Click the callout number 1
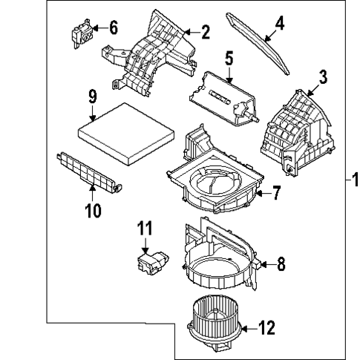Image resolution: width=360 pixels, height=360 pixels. pos(354,179)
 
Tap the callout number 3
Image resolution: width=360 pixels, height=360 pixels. pos(324,76)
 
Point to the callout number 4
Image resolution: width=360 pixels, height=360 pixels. pos(279,23)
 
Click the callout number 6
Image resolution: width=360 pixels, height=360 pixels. pos(113,28)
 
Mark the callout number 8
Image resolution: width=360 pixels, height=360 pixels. pos(281,263)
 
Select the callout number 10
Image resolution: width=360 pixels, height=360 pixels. pos(92,211)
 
